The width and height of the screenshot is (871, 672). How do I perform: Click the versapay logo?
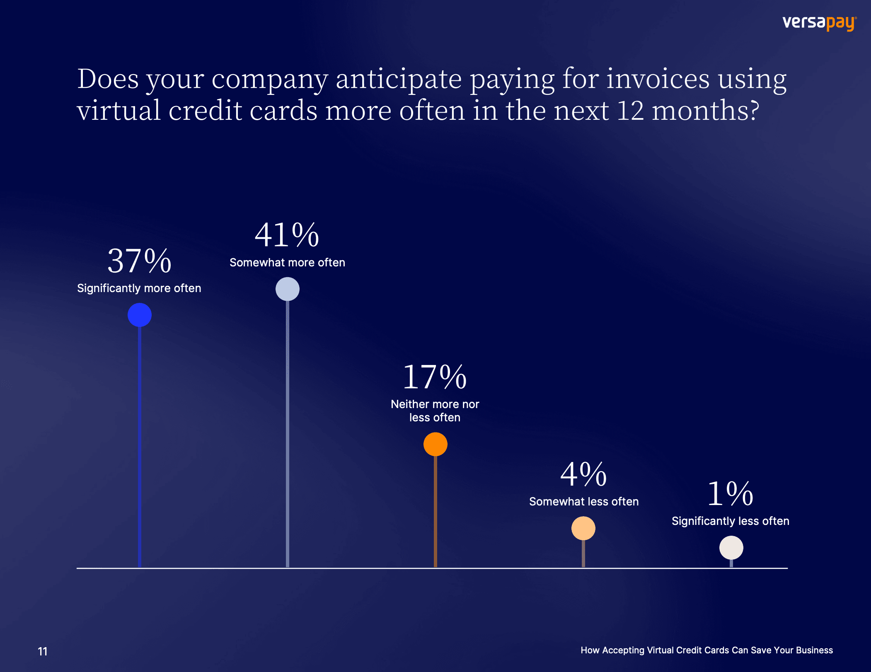coord(819,23)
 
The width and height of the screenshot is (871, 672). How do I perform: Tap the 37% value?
coord(139,261)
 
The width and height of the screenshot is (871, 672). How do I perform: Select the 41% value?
coord(287,235)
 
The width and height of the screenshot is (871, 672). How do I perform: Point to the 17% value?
coord(435,377)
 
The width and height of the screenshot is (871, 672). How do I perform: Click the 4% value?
coord(583,474)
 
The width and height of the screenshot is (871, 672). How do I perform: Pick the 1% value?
coord(730,493)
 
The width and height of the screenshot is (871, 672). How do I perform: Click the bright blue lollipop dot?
coord(140,315)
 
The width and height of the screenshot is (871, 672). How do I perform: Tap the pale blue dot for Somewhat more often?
coord(288,289)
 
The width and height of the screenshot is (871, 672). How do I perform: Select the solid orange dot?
coord(435,444)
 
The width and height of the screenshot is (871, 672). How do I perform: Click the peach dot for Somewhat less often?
coord(583,528)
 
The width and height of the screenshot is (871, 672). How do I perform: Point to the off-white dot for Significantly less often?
coord(731,548)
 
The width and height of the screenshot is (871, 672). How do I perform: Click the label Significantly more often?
coord(139,288)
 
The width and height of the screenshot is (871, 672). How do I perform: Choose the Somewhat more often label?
coord(287,263)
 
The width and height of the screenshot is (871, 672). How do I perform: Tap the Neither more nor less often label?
coord(435,411)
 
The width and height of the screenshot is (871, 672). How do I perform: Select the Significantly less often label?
coord(730,521)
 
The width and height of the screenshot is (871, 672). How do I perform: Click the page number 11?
coord(42,651)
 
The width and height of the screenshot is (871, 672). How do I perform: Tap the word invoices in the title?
coord(658,79)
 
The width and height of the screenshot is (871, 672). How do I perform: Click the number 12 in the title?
coord(630,111)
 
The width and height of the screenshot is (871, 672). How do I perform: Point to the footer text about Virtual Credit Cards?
coord(706,650)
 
